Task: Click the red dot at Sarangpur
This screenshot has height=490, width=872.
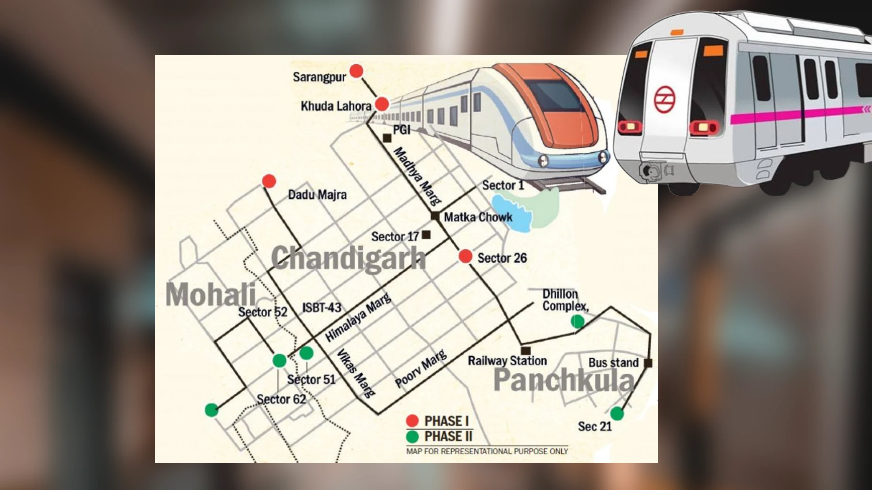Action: [x=357, y=71]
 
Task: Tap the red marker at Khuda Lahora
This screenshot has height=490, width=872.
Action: [x=382, y=104]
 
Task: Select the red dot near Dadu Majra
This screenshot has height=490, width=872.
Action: [x=269, y=181]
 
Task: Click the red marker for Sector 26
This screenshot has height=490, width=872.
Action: [x=465, y=256]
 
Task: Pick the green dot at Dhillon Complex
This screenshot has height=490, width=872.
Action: [x=577, y=321]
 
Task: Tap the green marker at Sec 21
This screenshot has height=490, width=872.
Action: [x=617, y=413]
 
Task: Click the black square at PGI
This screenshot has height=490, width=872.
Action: [x=387, y=138]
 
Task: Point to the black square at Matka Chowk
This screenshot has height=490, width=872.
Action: [x=435, y=216]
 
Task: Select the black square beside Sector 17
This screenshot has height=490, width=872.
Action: [x=426, y=234]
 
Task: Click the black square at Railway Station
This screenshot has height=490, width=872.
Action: [x=526, y=350]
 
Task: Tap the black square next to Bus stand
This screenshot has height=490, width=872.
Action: [x=648, y=363]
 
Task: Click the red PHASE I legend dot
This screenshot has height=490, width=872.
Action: [x=412, y=421]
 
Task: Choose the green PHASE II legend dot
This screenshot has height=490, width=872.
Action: [x=412, y=437]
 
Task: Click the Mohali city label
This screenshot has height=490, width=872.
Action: [x=211, y=295]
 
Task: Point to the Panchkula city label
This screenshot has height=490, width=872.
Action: [x=564, y=380]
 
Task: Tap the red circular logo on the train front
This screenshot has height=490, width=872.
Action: [x=665, y=99]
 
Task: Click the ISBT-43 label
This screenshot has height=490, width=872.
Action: [x=322, y=308]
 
